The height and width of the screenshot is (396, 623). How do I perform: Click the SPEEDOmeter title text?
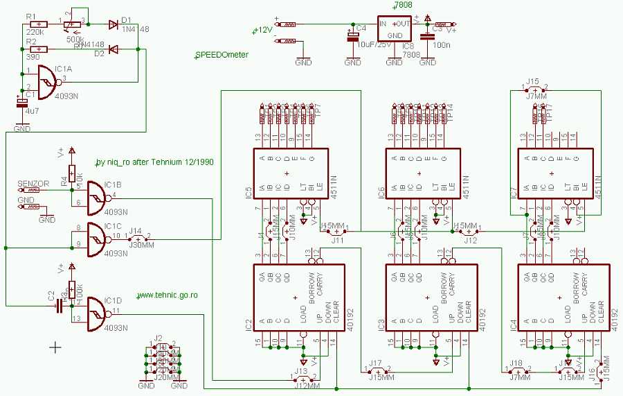(222, 55)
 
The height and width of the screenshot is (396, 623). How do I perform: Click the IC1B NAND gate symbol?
(89, 197)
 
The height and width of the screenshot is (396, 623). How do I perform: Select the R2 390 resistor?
(41, 49)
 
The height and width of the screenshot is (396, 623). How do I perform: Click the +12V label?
(262, 30)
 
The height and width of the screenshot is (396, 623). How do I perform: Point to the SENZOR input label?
(33, 184)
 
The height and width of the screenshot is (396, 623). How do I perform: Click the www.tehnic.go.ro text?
(168, 295)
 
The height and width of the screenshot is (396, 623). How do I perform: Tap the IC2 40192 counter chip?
(296, 297)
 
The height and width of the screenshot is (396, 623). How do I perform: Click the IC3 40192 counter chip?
(428, 297)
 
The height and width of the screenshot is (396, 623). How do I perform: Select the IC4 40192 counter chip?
(561, 297)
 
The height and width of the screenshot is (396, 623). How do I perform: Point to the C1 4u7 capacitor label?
(30, 110)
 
